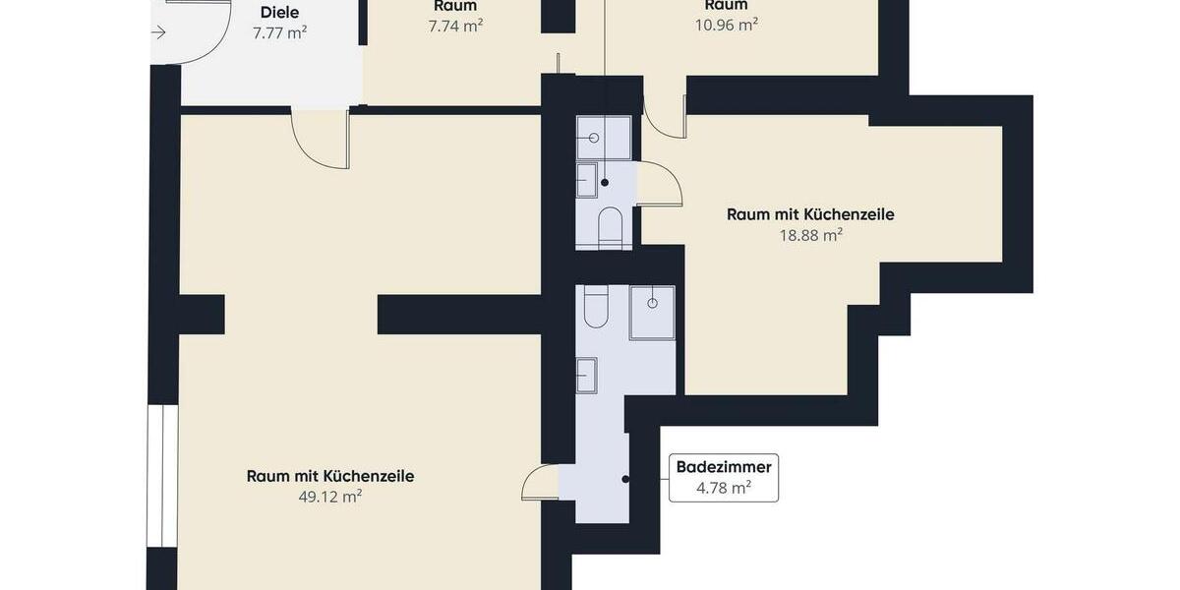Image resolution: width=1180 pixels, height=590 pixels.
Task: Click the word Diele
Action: (x=279, y=13)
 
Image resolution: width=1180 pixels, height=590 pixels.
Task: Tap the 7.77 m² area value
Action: (x=279, y=32)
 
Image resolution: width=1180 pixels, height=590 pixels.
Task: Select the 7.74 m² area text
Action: (x=455, y=27)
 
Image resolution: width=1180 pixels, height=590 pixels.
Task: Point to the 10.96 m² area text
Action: (x=726, y=26)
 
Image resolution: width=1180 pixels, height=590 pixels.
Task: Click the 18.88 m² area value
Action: (x=811, y=235)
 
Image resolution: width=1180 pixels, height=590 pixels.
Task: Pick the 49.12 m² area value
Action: (x=330, y=497)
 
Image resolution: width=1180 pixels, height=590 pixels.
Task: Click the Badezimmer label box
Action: (x=724, y=478)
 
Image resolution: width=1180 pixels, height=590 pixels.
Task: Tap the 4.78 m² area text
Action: (x=724, y=488)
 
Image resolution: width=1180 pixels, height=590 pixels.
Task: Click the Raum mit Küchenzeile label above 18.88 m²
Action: (x=810, y=214)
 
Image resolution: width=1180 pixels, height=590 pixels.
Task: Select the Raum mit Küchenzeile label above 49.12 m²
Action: (x=330, y=476)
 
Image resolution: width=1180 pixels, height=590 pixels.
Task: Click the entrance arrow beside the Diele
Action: (x=158, y=32)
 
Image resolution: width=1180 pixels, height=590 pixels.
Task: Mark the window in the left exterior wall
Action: (x=161, y=476)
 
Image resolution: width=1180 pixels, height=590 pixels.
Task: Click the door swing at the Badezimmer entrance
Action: (x=541, y=483)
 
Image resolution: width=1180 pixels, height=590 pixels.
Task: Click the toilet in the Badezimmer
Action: (x=596, y=307)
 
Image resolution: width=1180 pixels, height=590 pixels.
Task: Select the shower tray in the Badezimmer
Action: (x=652, y=313)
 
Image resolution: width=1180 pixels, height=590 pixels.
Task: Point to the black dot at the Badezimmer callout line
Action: (x=626, y=479)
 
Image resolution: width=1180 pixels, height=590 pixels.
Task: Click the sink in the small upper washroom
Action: (x=586, y=181)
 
